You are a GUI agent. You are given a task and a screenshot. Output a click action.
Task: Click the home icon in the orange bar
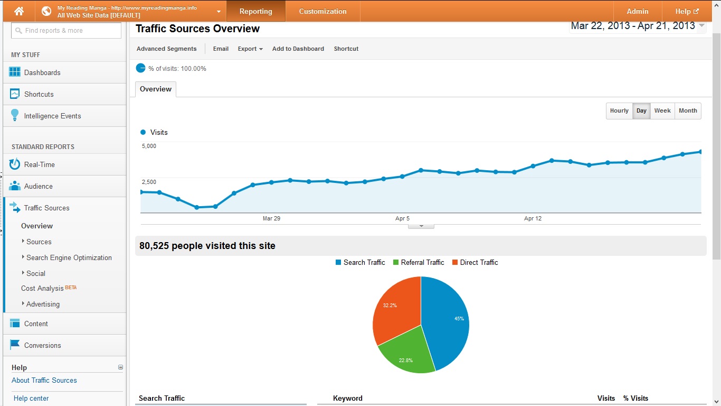[19, 11]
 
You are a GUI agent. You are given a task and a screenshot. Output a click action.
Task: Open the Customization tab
[322, 11]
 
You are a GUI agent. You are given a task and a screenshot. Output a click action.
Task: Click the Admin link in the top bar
[637, 11]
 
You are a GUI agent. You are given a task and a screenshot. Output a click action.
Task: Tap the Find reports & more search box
[66, 30]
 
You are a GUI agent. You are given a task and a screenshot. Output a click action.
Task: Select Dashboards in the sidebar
[42, 72]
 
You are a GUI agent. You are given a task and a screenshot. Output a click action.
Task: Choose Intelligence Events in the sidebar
[52, 116]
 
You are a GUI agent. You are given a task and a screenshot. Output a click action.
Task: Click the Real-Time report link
[39, 164]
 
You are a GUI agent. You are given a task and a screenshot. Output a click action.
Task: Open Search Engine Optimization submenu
[69, 257]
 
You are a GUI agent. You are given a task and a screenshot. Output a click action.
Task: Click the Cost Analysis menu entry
[42, 288]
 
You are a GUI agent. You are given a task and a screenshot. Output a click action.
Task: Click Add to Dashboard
[298, 49]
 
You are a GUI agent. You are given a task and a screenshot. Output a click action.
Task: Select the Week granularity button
[662, 110]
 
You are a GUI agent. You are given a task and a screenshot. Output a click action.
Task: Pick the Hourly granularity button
[619, 110]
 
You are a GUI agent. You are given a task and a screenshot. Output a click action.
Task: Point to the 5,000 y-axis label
[149, 146]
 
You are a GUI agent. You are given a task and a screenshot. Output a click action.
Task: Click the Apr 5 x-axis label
[402, 218]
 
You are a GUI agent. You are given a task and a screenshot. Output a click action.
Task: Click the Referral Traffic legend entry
[419, 263]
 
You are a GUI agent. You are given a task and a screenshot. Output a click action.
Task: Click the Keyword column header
[348, 398]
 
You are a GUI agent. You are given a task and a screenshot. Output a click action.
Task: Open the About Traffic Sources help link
[44, 381]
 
